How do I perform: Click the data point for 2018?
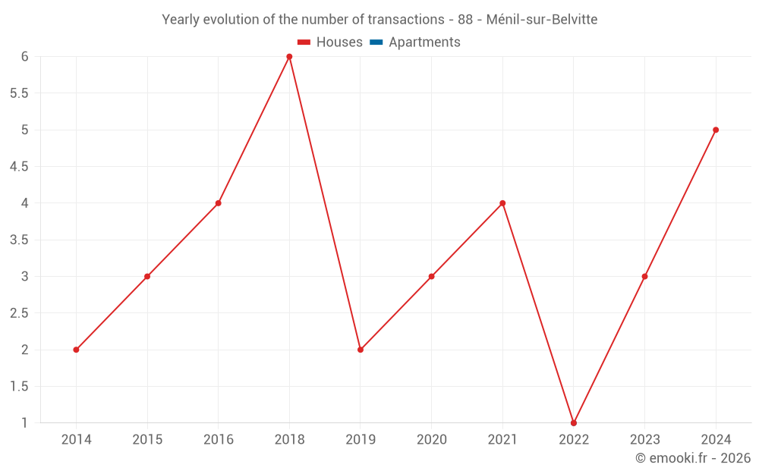pyautogui.click(x=289, y=57)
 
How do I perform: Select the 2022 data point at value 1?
pyautogui.click(x=574, y=422)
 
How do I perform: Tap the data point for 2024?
pyautogui.click(x=716, y=130)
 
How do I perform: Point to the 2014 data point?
pyautogui.click(x=76, y=350)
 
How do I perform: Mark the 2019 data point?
pyautogui.click(x=361, y=350)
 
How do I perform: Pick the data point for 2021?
pyautogui.click(x=502, y=203)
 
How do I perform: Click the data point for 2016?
pyautogui.click(x=218, y=203)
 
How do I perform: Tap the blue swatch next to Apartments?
pyautogui.click(x=376, y=42)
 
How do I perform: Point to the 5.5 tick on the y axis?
pyautogui.click(x=19, y=93)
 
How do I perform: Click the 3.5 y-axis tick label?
pyautogui.click(x=19, y=240)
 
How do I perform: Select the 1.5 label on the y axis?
pyautogui.click(x=19, y=387)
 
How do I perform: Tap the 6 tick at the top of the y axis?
pyautogui.click(x=24, y=57)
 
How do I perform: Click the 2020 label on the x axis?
pyautogui.click(x=431, y=439)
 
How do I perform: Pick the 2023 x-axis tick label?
pyautogui.click(x=644, y=439)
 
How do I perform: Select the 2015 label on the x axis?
pyautogui.click(x=147, y=439)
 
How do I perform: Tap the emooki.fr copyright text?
pyautogui.click(x=692, y=458)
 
